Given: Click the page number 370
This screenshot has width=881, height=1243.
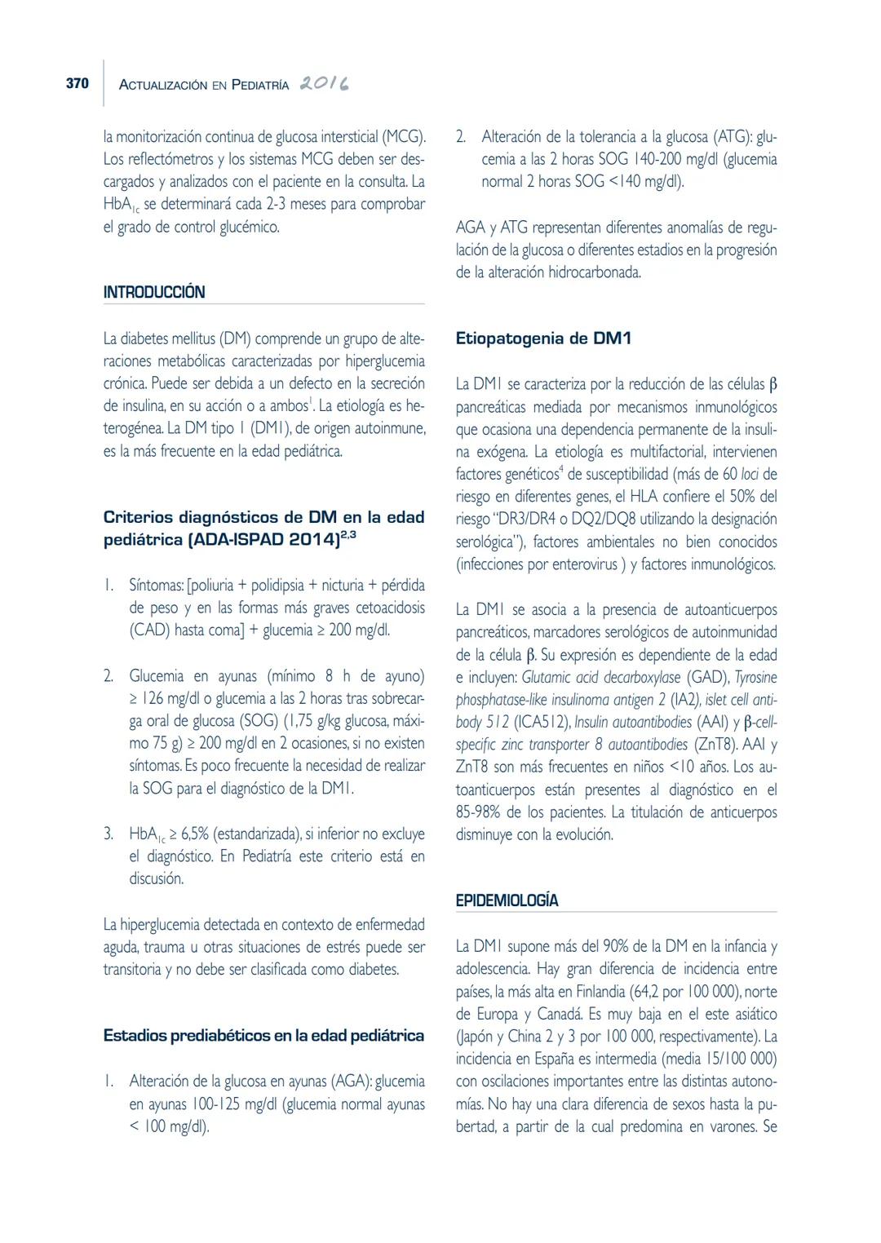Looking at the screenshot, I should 77,84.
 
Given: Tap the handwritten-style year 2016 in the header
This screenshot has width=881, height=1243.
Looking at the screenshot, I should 324,84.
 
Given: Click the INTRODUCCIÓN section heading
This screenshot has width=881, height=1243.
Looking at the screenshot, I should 154,292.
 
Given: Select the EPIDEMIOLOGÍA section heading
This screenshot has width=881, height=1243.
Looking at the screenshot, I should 507,900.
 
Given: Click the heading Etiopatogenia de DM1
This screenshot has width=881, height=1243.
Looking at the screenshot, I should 543,338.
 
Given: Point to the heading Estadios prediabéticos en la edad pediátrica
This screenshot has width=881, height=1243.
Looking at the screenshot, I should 263,1036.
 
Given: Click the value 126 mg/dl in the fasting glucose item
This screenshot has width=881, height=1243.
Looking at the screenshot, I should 170,698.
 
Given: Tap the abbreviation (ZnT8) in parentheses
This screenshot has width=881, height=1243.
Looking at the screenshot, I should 715,745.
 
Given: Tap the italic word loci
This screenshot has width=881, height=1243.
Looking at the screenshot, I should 750,474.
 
